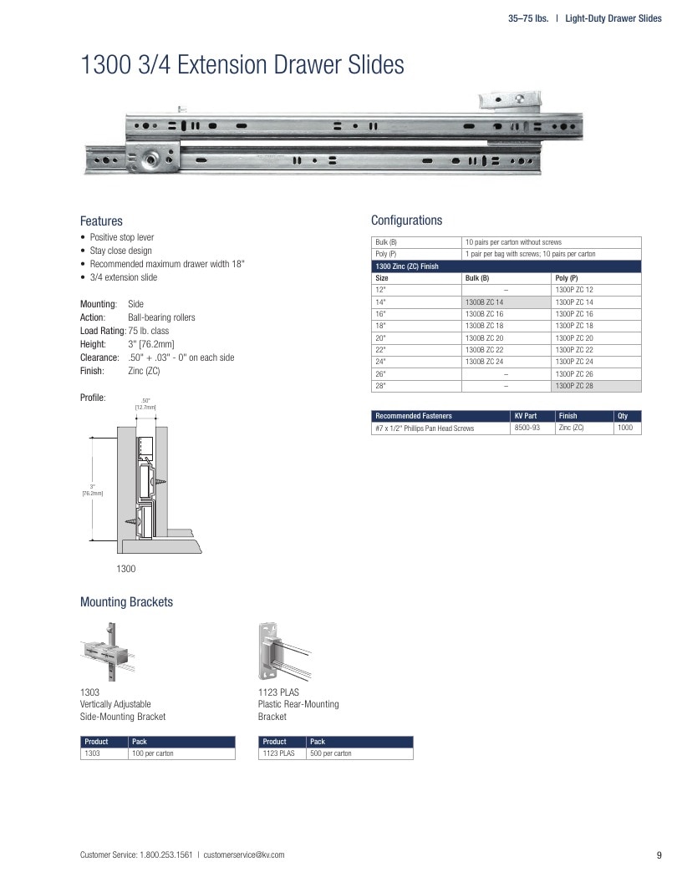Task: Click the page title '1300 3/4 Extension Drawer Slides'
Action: click(x=242, y=64)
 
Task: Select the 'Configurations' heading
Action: click(x=407, y=221)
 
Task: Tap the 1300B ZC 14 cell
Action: click(x=506, y=302)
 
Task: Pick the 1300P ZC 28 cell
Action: click(x=596, y=386)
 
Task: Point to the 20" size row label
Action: click(x=380, y=338)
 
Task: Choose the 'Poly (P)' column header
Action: click(x=567, y=278)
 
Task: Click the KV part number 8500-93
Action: click(x=527, y=428)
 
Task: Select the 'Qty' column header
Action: click(x=623, y=416)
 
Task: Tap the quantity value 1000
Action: click(x=624, y=428)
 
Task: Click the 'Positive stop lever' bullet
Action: click(x=122, y=237)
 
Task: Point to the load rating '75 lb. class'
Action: click(x=149, y=331)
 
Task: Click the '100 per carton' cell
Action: click(x=152, y=753)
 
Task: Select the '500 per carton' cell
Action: click(x=330, y=753)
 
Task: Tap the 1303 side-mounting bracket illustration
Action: click(x=108, y=651)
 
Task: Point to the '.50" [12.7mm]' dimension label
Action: click(x=145, y=403)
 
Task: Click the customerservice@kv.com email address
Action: click(x=244, y=854)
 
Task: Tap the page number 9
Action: click(x=659, y=855)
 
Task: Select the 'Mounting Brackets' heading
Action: click(x=126, y=602)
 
